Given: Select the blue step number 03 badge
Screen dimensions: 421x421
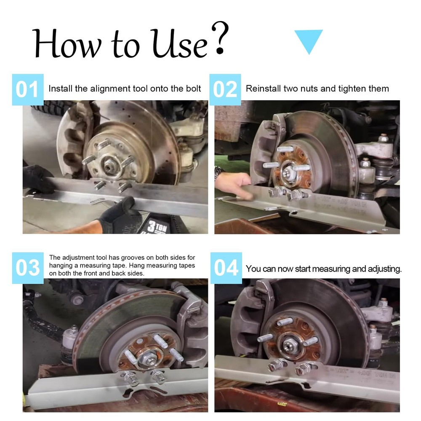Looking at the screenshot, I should click(27, 268).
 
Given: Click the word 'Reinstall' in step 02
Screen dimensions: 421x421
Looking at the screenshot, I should click(263, 89).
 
